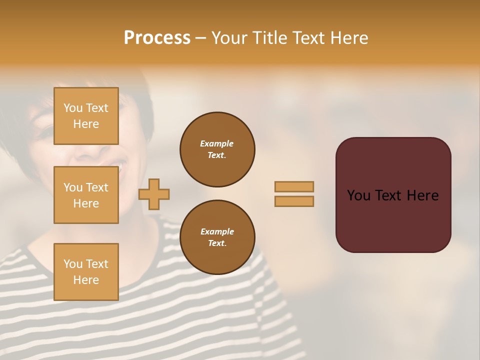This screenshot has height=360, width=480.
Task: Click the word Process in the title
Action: [x=157, y=38]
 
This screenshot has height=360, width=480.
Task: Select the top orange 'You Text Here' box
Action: [x=86, y=116]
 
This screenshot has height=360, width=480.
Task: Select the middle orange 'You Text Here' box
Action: [x=86, y=195]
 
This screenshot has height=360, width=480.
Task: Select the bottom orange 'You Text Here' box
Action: [x=86, y=271]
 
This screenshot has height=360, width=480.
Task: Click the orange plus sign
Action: [x=154, y=194]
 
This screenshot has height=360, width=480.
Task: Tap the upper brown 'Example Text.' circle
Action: [x=217, y=149]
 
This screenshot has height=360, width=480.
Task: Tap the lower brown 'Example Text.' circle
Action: [x=217, y=237]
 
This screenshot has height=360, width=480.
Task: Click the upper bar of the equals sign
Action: [x=294, y=187]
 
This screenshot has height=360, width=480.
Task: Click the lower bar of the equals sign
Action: [x=294, y=201]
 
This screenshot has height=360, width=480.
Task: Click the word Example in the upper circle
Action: [x=217, y=143]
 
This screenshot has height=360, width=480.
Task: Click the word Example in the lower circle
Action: [x=217, y=231]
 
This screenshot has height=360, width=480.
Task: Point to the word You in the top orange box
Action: [x=73, y=108]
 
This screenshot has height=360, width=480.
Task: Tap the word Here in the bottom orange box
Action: [x=86, y=280]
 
